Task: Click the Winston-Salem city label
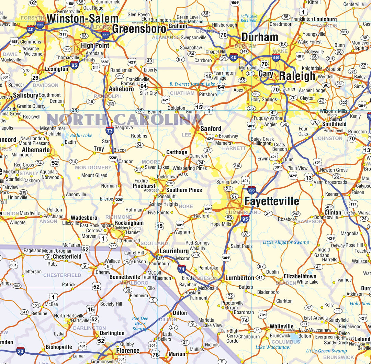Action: click(x=82, y=19)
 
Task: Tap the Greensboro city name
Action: click(x=139, y=29)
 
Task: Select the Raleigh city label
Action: click(x=297, y=76)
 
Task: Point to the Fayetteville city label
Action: click(x=271, y=201)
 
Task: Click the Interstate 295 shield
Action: click(x=251, y=190)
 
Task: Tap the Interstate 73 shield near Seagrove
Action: click(x=110, y=131)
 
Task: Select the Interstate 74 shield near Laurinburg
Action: click(x=182, y=269)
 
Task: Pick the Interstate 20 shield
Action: click(x=21, y=351)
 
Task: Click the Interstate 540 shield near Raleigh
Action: click(x=276, y=57)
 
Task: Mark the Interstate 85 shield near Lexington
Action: click(x=75, y=65)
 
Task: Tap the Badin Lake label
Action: click(x=81, y=135)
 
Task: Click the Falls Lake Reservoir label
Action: click(x=249, y=18)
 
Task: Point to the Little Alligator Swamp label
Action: click(x=286, y=242)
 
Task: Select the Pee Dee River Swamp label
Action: click(x=140, y=323)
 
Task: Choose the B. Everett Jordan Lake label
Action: click(x=192, y=84)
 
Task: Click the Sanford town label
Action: click(x=211, y=129)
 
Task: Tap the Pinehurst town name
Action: click(x=144, y=186)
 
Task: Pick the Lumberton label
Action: click(x=239, y=278)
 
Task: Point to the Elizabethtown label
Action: click(x=300, y=276)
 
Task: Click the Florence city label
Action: click(x=127, y=351)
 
